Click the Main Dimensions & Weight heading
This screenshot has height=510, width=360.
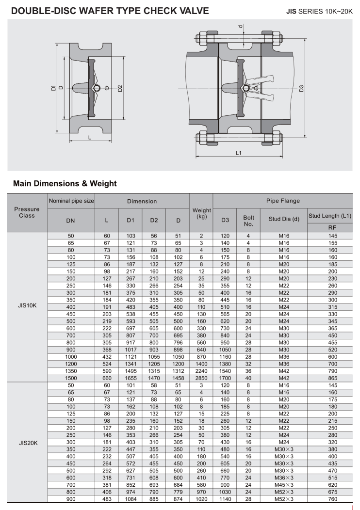[65, 184]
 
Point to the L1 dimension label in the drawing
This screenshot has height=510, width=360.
[238, 153]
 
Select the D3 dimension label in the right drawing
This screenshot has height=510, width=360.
[301, 88]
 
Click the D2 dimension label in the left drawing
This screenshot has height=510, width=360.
[120, 88]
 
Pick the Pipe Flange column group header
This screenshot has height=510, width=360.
[283, 200]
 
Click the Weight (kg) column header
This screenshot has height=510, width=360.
[201, 213]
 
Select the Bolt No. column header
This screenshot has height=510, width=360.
[248, 221]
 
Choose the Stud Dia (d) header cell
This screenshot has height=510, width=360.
[284, 221]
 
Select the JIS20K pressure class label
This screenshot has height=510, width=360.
[27, 443]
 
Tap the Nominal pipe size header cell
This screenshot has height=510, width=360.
[71, 200]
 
